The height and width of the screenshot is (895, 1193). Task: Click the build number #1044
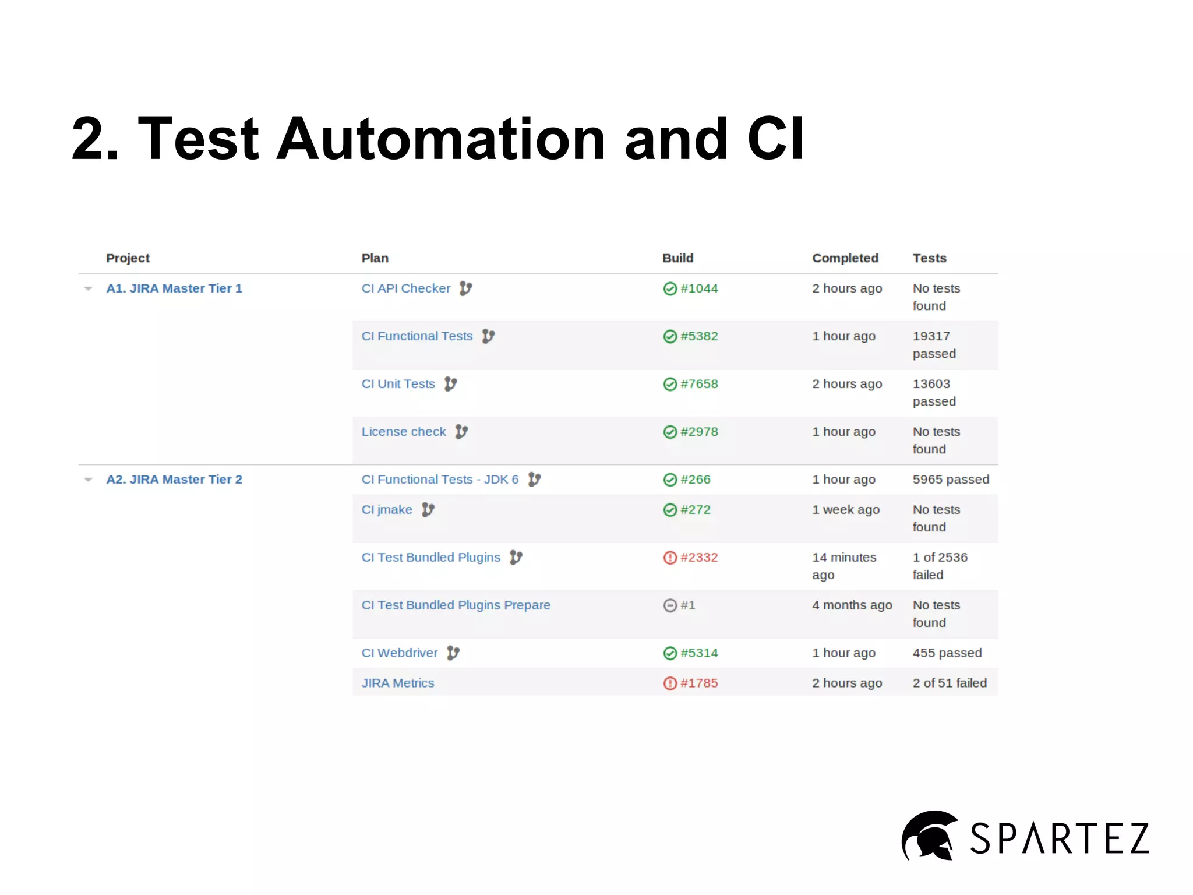click(698, 288)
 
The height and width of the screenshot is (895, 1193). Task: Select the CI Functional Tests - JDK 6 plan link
click(440, 480)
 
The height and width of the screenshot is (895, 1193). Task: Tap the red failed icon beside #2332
click(670, 558)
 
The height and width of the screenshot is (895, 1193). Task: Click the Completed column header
click(845, 258)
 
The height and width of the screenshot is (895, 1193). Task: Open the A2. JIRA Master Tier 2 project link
click(174, 480)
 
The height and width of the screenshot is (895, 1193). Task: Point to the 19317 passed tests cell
click(934, 344)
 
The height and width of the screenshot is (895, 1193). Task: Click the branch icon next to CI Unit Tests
click(450, 384)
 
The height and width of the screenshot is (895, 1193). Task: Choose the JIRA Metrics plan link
click(398, 683)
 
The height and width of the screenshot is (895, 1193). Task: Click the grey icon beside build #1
click(670, 605)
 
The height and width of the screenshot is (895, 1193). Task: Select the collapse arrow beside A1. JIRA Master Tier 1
click(89, 288)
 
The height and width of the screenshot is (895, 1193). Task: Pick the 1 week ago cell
click(846, 510)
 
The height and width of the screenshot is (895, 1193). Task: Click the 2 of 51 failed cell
click(950, 683)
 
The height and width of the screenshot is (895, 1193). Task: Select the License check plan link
click(404, 432)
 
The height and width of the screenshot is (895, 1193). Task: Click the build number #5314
click(698, 653)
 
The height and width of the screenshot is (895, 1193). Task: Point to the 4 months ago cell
click(852, 605)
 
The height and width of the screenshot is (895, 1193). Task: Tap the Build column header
click(677, 258)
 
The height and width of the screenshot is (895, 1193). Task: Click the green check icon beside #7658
click(670, 384)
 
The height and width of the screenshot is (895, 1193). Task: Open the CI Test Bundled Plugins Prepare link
click(456, 605)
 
